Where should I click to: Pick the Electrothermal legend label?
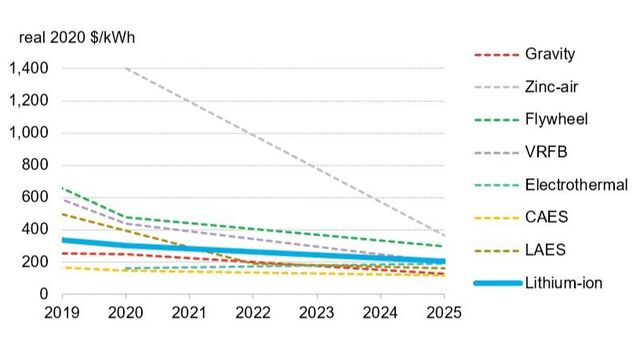click(576, 184)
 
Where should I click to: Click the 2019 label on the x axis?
click(62, 313)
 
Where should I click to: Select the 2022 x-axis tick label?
click(253, 313)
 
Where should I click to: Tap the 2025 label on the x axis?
click(444, 313)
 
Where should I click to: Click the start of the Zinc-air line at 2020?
click(126, 68)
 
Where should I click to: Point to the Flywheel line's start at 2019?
click(62, 187)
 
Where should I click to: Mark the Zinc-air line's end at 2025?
click(444, 236)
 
